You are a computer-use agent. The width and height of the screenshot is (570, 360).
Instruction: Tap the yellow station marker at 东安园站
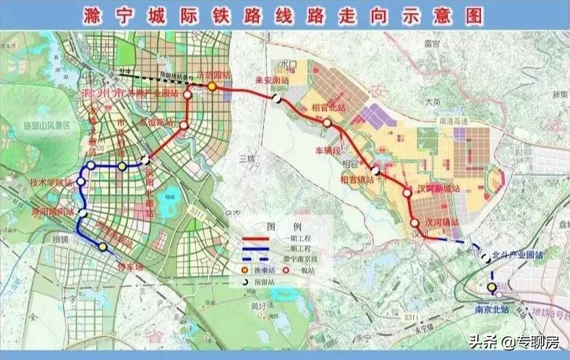tap(212, 86)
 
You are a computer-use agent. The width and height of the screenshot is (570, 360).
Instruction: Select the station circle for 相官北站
tap(328, 123)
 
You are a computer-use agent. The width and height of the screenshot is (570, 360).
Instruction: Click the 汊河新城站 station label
tap(435, 188)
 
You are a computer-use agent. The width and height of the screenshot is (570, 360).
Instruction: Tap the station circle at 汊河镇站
tap(414, 223)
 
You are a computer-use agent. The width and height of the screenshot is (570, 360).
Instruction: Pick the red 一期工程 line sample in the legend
tap(252, 238)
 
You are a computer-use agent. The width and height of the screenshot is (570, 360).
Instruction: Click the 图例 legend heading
tap(275, 226)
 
